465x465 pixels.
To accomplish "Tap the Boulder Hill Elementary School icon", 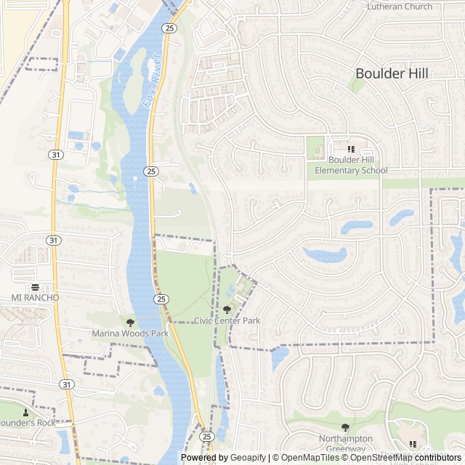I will [352, 149].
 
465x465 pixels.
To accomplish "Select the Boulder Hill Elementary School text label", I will [351, 165].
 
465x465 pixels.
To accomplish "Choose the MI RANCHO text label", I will [35, 298].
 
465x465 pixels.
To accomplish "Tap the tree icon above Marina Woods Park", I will [130, 322].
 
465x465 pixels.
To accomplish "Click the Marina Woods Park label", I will [130, 333].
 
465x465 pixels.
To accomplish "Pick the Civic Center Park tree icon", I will [227, 310].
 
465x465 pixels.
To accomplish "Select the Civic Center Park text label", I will [227, 320].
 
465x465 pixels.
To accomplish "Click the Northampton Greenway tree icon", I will [345, 428].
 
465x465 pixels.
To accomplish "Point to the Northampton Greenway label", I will [345, 444].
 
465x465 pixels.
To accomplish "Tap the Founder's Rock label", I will [27, 423].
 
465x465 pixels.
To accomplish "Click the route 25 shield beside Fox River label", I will [169, 28].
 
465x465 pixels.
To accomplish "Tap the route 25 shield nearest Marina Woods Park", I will [161, 299].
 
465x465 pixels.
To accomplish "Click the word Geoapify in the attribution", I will [248, 458].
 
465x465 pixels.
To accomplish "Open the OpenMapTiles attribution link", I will [309, 458].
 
